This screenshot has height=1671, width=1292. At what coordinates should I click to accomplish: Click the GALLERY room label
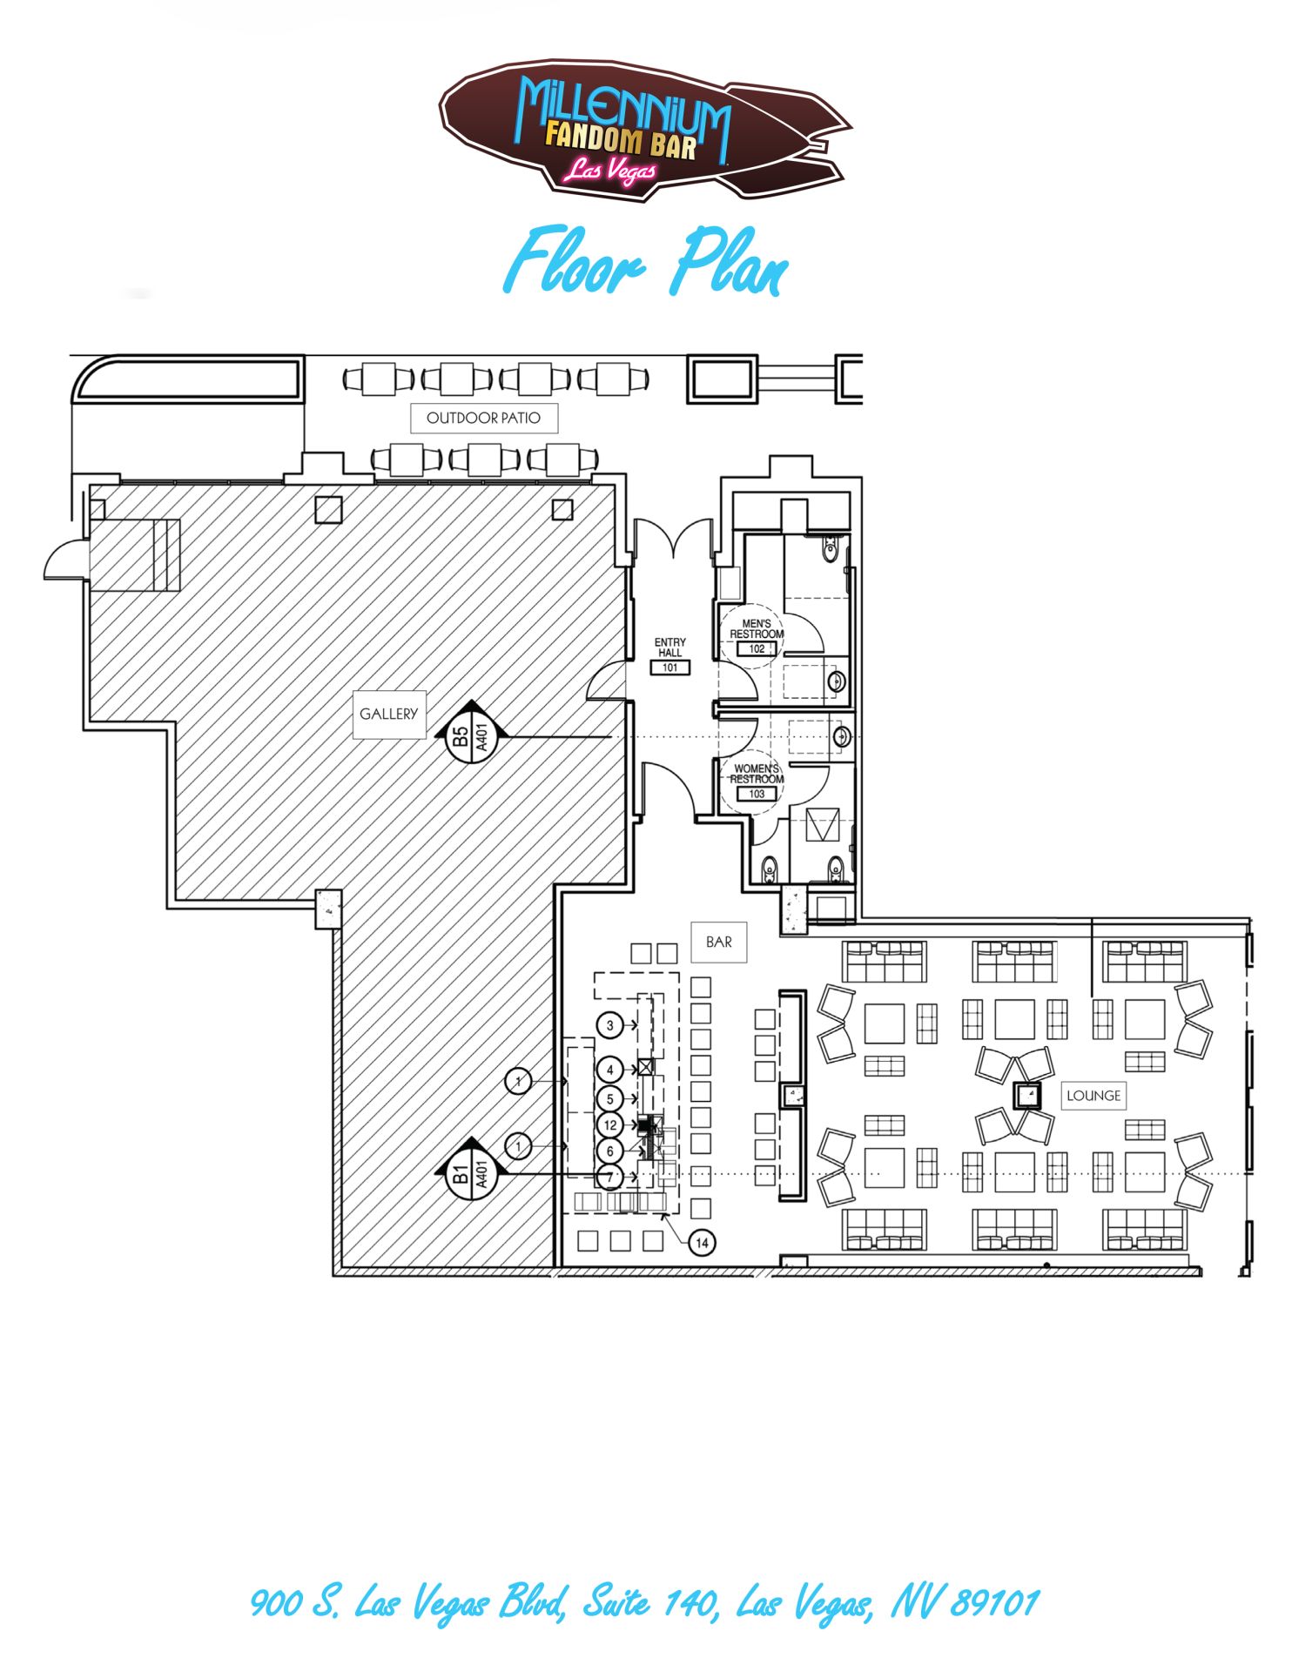point(389,715)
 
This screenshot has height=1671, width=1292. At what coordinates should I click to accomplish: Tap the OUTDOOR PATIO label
point(483,419)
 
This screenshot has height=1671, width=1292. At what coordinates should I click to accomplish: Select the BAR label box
point(719,942)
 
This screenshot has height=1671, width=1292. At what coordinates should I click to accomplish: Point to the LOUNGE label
point(1093,1096)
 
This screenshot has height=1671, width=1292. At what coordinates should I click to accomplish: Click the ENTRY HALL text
point(670,648)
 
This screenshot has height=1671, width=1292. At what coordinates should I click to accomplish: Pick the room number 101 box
point(670,668)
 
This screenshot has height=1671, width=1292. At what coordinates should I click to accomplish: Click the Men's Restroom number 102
point(757,648)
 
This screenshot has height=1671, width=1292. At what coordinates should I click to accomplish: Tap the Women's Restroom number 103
point(757,794)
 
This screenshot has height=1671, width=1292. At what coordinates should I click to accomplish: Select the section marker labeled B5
point(471,734)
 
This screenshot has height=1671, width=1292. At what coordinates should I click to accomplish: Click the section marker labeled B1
point(471,1171)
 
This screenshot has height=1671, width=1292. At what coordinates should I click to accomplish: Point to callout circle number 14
point(702,1243)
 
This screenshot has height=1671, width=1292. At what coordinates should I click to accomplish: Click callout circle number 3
point(610,1025)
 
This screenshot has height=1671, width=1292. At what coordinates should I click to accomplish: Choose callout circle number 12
point(610,1125)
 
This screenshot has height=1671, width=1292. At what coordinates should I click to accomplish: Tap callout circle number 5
point(610,1099)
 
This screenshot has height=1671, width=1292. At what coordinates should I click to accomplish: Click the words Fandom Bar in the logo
point(621,141)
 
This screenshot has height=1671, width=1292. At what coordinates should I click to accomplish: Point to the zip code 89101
point(995,1602)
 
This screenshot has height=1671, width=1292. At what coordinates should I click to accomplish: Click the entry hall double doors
point(673,538)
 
